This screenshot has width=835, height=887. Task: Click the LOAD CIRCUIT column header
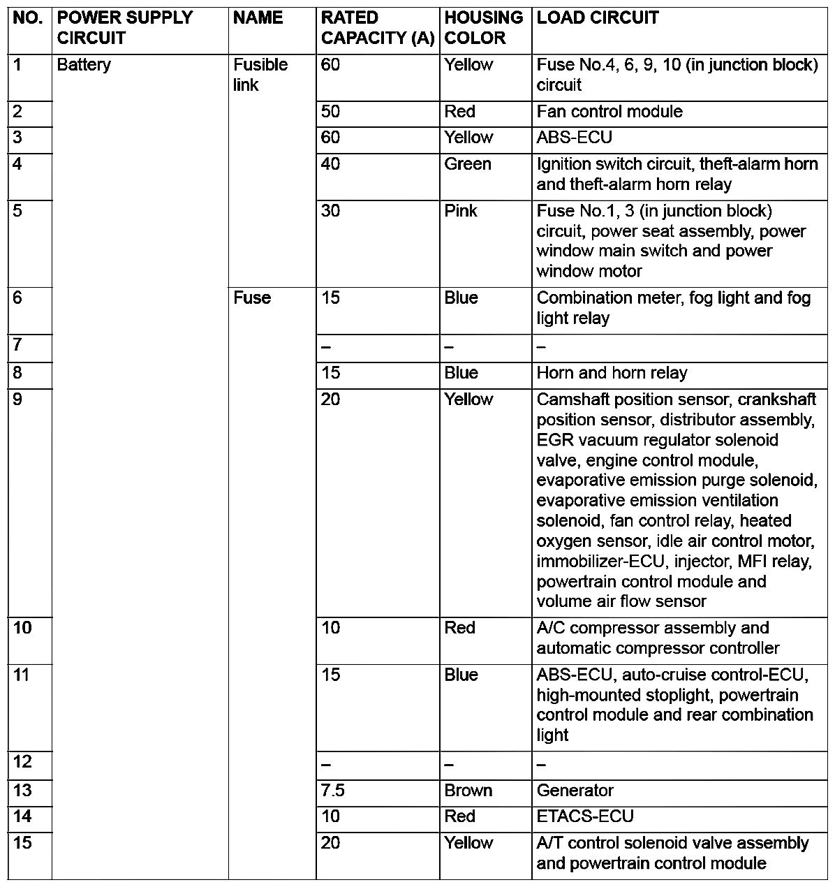tap(598, 18)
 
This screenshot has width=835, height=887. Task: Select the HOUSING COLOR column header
tap(483, 28)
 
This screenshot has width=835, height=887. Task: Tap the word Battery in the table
tap(84, 65)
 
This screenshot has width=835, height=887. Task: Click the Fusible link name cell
tap(260, 75)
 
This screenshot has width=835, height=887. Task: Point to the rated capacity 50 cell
tap(330, 112)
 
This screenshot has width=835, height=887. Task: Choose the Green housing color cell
tap(468, 164)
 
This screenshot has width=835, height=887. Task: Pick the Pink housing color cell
tap(461, 211)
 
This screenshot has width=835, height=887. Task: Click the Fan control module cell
tap(609, 112)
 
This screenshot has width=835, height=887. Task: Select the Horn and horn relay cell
tap(612, 373)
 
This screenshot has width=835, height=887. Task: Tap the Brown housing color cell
tap(468, 791)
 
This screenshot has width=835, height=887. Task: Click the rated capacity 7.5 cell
tap(333, 791)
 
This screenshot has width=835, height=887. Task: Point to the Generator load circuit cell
tap(575, 791)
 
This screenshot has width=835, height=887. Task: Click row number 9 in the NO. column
tap(17, 399)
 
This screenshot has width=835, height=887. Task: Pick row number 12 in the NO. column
tap(22, 762)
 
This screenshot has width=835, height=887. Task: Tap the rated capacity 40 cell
tap(330, 164)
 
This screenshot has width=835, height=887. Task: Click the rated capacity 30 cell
tap(330, 211)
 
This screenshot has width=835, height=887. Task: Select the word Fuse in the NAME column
tap(252, 298)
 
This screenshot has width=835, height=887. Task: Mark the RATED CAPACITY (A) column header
tap(378, 28)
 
